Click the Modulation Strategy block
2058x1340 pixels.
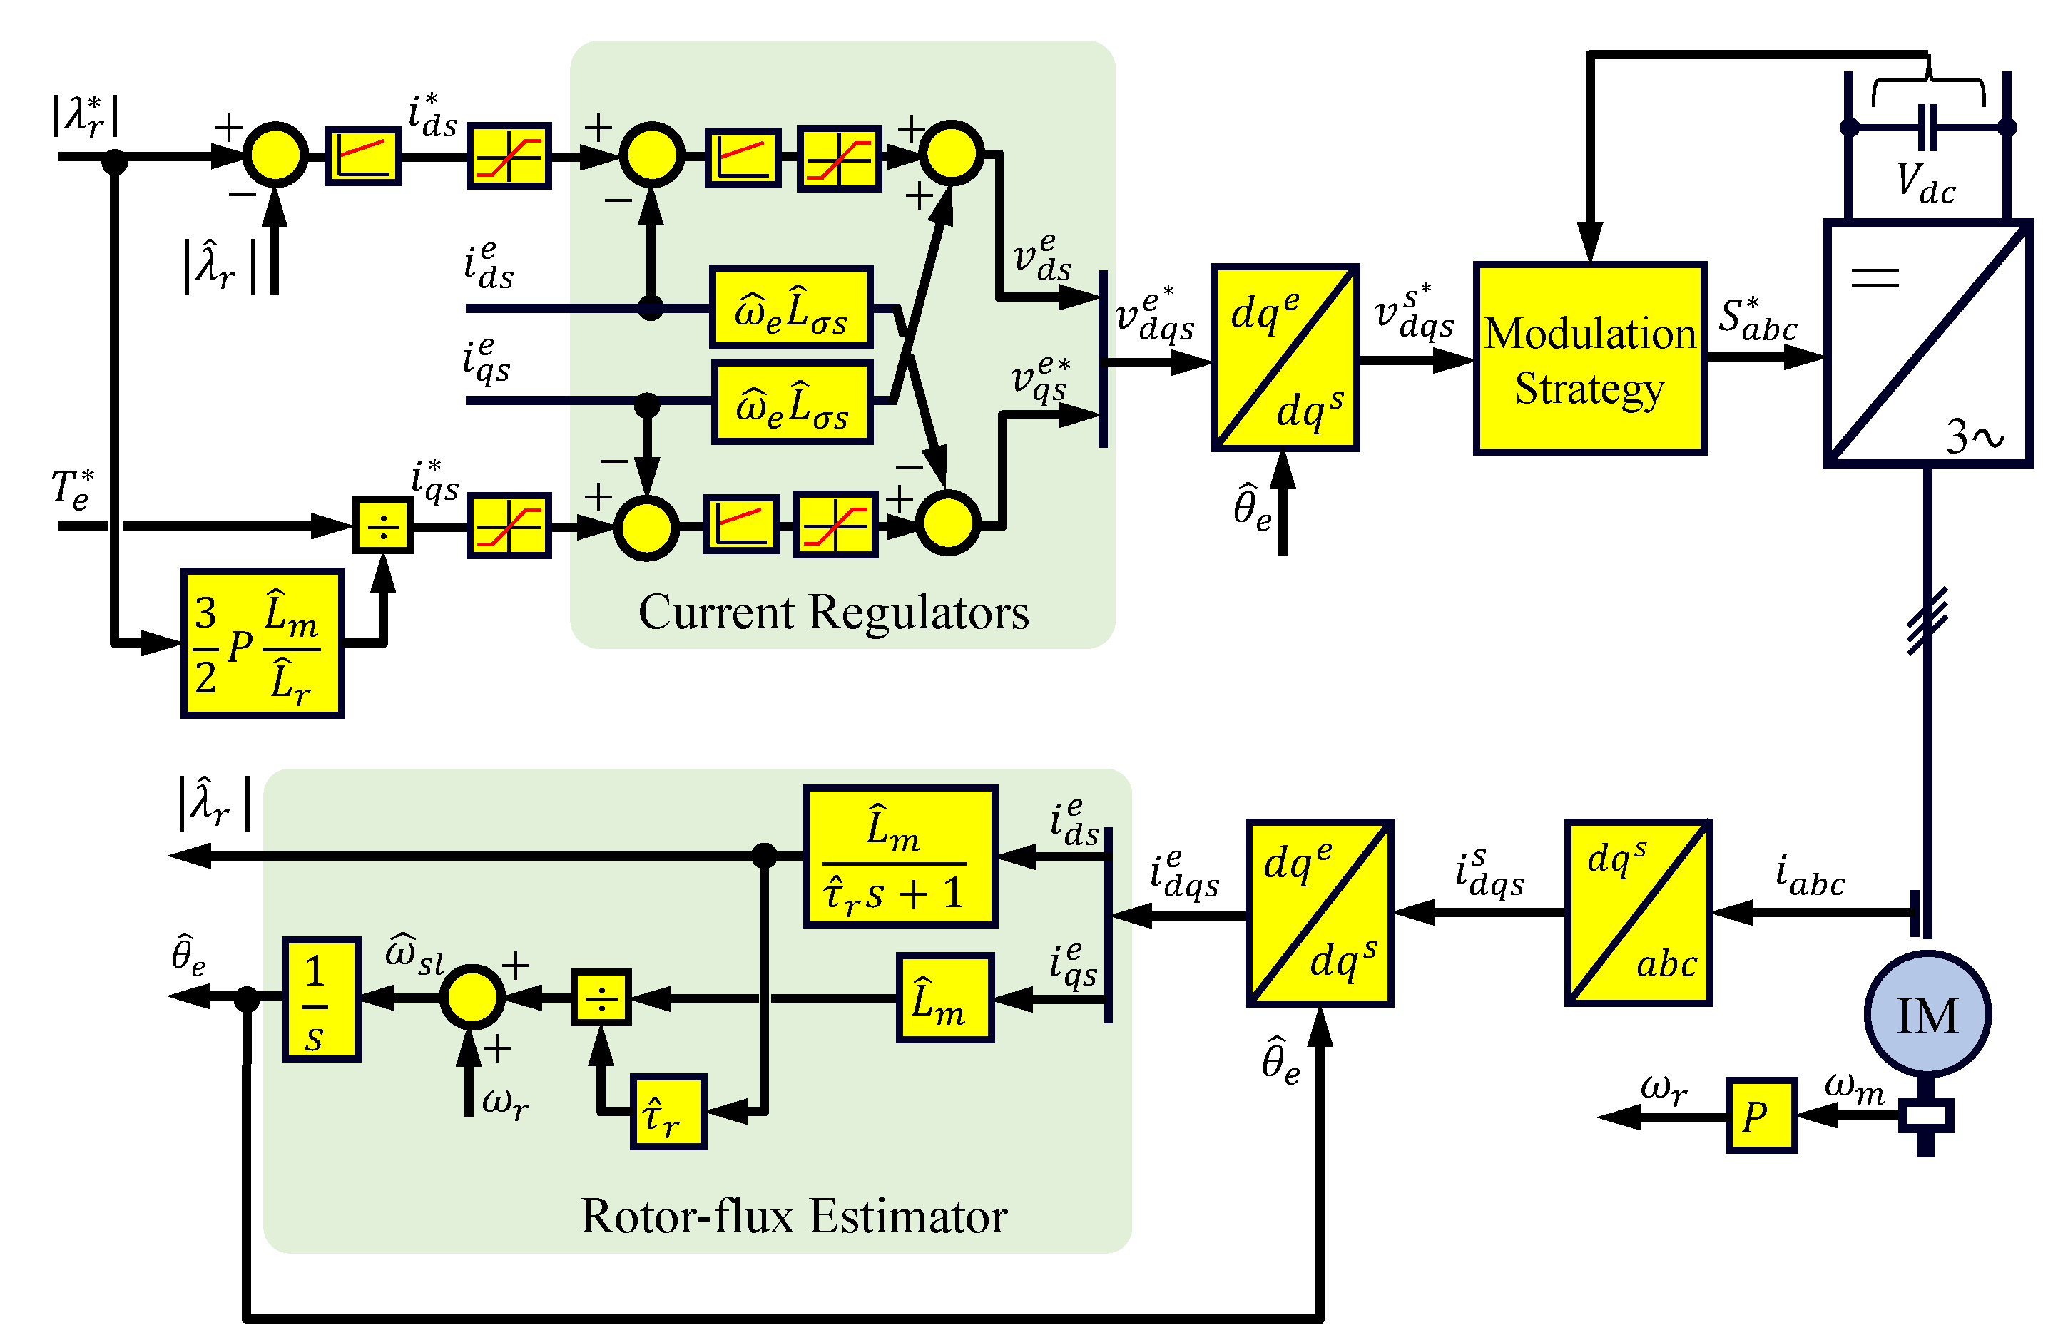[x=1589, y=358]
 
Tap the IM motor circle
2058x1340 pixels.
[x=1927, y=1014]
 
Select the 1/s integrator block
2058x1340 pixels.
[x=321, y=999]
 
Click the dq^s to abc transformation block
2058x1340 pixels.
[x=1638, y=913]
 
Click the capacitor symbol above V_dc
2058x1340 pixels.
[x=1927, y=128]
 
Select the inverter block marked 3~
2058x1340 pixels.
[x=1927, y=343]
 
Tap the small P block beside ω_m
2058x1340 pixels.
[x=1761, y=1115]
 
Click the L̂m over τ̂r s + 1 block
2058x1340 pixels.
[x=900, y=856]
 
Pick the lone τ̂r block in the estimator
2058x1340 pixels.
[x=668, y=1112]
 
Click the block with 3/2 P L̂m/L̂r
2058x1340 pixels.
[x=262, y=643]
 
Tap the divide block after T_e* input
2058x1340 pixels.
[x=383, y=525]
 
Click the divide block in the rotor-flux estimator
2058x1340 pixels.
[x=601, y=998]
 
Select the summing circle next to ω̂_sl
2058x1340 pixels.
[x=472, y=998]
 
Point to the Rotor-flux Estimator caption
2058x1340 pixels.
[x=793, y=1215]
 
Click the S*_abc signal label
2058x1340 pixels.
[x=1756, y=320]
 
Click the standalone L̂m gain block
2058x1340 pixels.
[x=944, y=998]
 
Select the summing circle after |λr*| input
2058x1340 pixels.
[x=275, y=155]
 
